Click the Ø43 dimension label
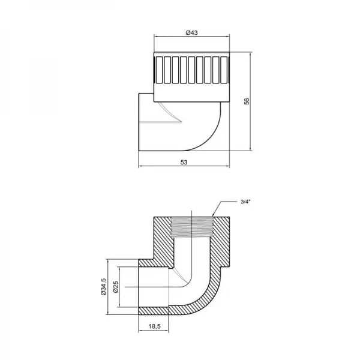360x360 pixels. point(191,32)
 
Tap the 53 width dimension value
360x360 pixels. point(183,162)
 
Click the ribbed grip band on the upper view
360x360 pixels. point(191,70)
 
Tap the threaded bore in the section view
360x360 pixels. point(191,227)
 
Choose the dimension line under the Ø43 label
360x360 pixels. point(191,37)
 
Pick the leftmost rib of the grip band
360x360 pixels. point(160,70)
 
